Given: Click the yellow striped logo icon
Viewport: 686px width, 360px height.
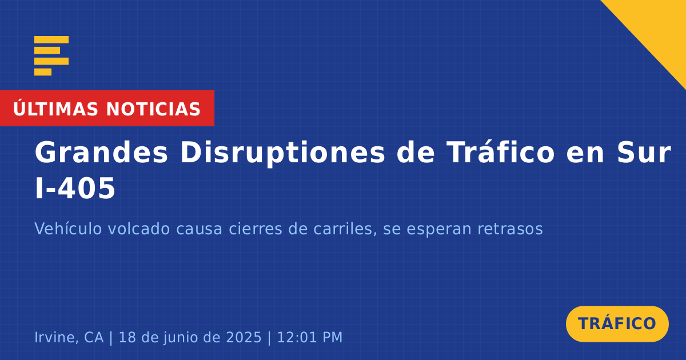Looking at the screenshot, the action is tap(51, 56).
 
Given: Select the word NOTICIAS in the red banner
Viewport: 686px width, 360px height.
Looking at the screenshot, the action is tap(153, 109).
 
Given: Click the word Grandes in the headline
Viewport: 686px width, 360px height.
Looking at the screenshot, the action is tap(101, 153).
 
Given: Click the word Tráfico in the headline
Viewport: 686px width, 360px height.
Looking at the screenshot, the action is tap(500, 151).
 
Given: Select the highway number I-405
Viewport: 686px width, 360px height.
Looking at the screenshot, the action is tap(75, 188).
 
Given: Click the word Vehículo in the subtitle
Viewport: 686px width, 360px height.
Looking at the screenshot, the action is tap(68, 229).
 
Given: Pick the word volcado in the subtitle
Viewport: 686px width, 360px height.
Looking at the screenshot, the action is tap(139, 229).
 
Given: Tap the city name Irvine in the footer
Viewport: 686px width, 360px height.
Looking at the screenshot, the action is tap(54, 337).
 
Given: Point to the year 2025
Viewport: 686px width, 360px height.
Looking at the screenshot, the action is tap(244, 337).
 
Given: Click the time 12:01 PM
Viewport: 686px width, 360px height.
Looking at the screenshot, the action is tap(310, 337).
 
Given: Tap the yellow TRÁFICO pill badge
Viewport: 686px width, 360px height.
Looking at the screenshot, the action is tap(617, 324).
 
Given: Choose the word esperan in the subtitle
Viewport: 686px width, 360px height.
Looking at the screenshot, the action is tap(439, 230).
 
